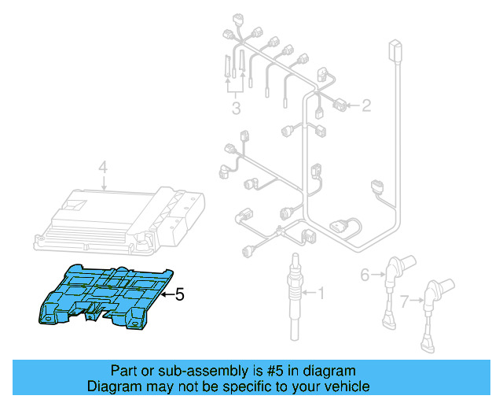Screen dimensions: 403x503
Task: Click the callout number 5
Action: pos(179,295)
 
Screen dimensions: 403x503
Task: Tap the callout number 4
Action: pos(102,167)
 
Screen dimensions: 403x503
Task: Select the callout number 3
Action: pos(235,107)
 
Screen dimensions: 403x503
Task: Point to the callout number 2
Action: pos(365,105)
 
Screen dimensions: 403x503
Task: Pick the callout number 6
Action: pos(365,275)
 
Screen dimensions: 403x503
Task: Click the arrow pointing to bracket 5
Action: pos(166,295)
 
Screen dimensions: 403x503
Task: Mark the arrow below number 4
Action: pos(103,183)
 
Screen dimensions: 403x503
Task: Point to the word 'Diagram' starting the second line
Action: pos(113,386)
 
